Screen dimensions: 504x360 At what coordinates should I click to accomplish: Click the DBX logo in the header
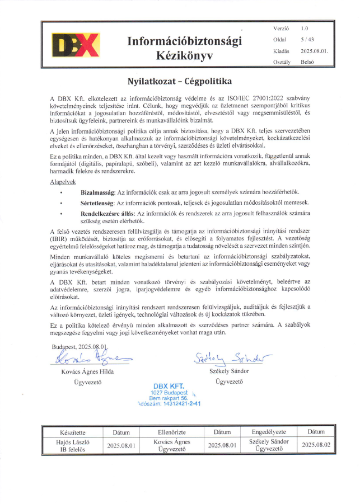(76, 44)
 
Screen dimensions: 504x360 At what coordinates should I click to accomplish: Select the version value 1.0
(304, 27)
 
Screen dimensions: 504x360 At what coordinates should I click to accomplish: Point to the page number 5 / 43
(307, 39)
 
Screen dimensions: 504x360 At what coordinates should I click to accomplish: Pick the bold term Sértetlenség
(97, 202)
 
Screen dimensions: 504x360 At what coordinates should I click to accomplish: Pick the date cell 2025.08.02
(316, 445)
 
